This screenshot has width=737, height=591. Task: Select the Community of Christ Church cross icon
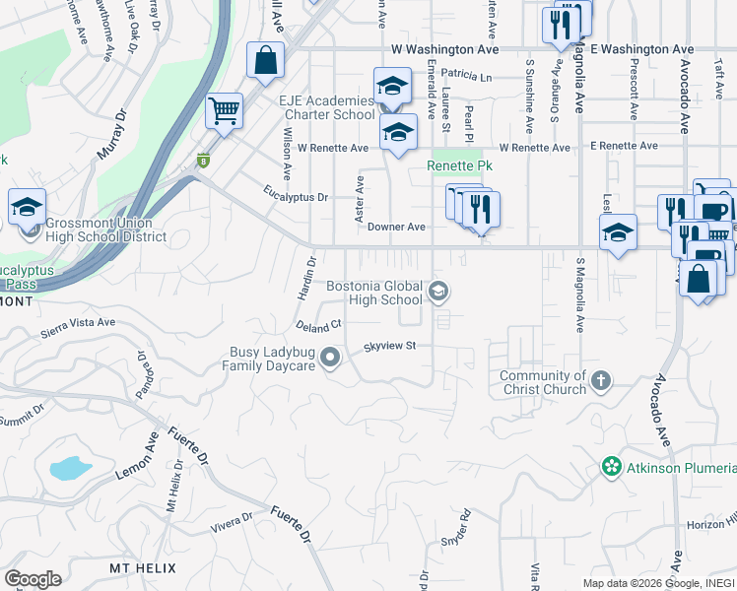[x=601, y=379]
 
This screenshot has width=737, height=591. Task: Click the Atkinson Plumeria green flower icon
[x=612, y=466]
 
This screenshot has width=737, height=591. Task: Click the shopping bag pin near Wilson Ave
[x=266, y=59]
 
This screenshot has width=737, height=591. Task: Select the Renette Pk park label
[x=458, y=166]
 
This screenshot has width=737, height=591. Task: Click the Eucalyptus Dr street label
[x=295, y=196]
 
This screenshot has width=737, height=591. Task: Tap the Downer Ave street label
[x=396, y=227]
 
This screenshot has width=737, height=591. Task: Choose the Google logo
[x=33, y=579]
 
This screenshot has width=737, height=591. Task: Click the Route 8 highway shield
[x=204, y=161]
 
